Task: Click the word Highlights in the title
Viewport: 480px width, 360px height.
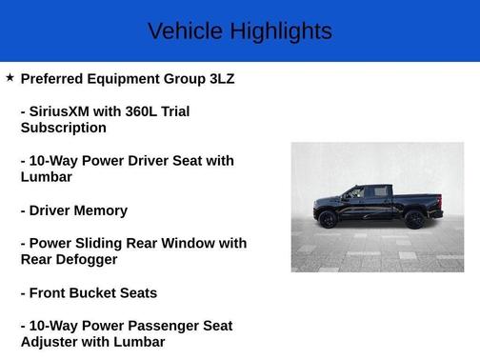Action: (280, 30)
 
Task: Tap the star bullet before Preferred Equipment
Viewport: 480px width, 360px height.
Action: (10, 77)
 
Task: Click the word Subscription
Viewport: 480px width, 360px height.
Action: (63, 128)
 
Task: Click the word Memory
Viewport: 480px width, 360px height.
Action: (103, 210)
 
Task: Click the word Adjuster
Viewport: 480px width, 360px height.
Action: (51, 342)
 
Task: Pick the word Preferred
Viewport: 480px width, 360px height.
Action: (55, 78)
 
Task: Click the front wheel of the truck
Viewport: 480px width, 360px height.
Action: (329, 219)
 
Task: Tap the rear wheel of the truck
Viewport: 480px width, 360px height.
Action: (414, 219)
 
